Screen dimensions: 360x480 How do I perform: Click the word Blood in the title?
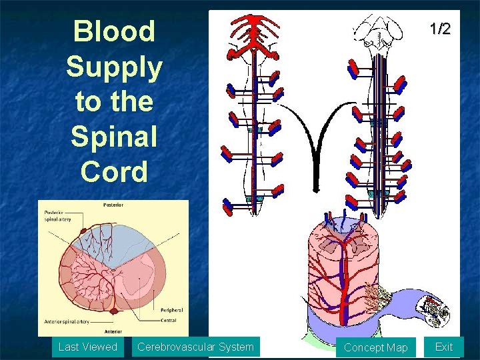point(115,31)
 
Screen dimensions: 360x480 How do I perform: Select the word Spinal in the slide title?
point(115,137)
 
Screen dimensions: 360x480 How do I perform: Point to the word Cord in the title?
point(115,171)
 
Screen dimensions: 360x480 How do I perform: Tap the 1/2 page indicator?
point(439,29)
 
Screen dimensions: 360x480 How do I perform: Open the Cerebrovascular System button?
point(195,347)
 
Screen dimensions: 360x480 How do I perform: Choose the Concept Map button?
point(375,347)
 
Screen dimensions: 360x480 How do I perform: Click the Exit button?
point(443,347)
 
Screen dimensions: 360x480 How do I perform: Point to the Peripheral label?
point(171,310)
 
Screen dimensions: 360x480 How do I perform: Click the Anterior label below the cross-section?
point(113,331)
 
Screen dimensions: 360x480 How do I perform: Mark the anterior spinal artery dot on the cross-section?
point(115,311)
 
